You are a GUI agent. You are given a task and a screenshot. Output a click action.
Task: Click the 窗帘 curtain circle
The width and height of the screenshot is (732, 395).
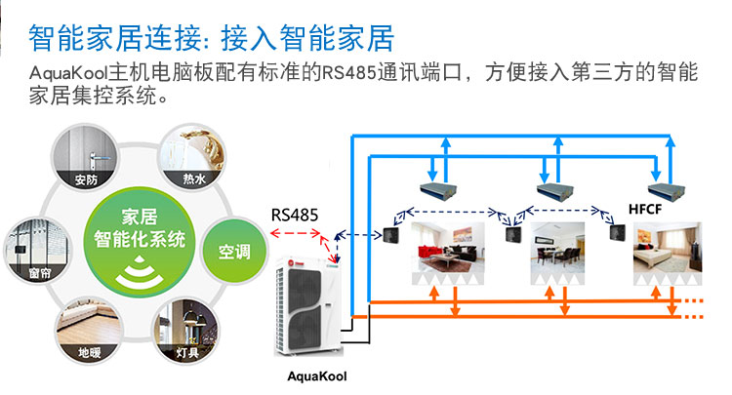[x=38, y=251]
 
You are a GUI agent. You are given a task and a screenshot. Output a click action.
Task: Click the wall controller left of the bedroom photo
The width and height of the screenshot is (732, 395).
[x=617, y=232]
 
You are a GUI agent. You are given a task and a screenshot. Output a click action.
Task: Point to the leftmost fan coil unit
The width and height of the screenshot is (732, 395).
[x=438, y=187]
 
